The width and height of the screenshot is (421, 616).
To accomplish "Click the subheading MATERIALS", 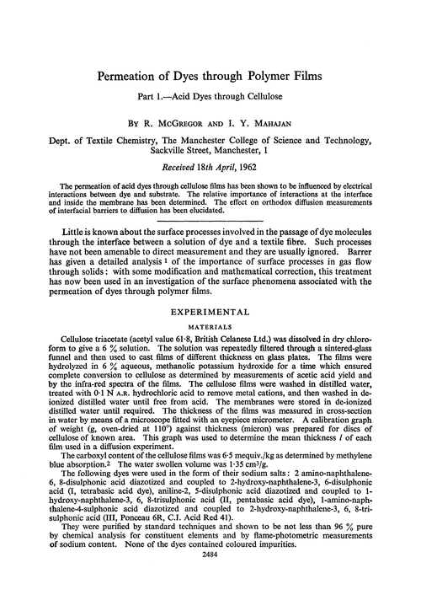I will click(210, 320).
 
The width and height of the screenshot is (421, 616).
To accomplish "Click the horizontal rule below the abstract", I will click(210, 212).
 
